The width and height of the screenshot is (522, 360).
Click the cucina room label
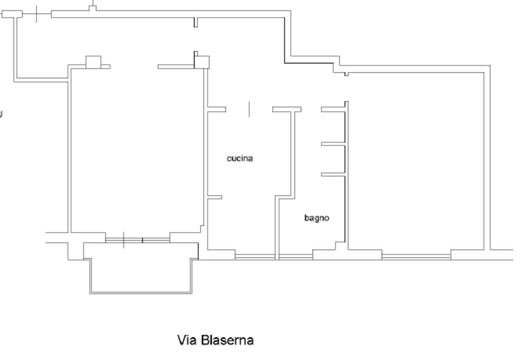point(240,158)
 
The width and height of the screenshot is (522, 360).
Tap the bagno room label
point(317,218)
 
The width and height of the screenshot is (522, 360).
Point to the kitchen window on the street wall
point(255,256)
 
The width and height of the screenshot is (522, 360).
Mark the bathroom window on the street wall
point(296,256)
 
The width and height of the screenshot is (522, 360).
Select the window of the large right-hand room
point(416,256)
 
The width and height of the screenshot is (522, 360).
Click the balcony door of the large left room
point(138,240)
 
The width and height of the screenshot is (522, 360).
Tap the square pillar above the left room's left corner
point(93,62)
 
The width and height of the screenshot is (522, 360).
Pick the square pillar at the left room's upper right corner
point(202,62)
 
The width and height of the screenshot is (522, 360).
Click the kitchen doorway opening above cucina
point(249,109)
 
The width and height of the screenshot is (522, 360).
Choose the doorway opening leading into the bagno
point(311,109)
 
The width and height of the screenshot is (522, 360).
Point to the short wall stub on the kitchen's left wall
point(215,197)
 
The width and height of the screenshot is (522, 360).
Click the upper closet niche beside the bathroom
point(333,127)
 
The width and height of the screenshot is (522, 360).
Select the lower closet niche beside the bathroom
point(333,159)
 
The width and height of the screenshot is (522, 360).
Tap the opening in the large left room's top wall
point(134,66)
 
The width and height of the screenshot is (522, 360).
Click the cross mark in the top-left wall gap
point(36,14)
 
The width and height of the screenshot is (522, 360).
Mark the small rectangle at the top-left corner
point(12,14)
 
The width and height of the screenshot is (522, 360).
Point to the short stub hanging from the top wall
point(196,22)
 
